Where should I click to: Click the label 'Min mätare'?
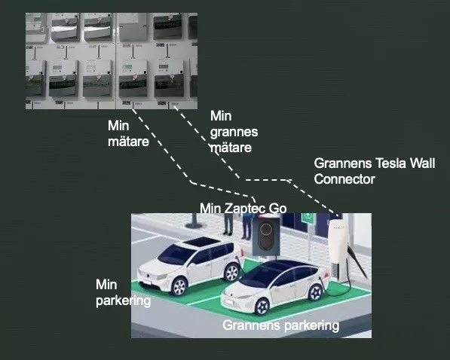pyautogui.click(x=128, y=133)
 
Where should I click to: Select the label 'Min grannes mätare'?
pyautogui.click(x=234, y=132)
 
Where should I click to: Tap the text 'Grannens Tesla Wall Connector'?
pyautogui.click(x=375, y=171)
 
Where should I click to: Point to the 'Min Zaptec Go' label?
pyautogui.click(x=243, y=209)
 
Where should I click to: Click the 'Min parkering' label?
pyautogui.click(x=123, y=292)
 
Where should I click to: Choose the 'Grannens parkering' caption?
pyautogui.click(x=280, y=325)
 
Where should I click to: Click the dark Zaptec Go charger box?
pyautogui.click(x=266, y=236)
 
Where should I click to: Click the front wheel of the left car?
pyautogui.click(x=179, y=286)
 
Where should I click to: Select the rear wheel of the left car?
pyautogui.click(x=232, y=272)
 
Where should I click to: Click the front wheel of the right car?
pyautogui.click(x=262, y=306)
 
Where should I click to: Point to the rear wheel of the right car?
pyautogui.click(x=316, y=292)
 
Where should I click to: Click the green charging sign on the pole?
pyautogui.click(x=308, y=217)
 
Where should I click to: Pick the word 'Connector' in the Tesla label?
pyautogui.click(x=344, y=179)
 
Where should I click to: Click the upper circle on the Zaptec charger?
pyautogui.click(x=266, y=228)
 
